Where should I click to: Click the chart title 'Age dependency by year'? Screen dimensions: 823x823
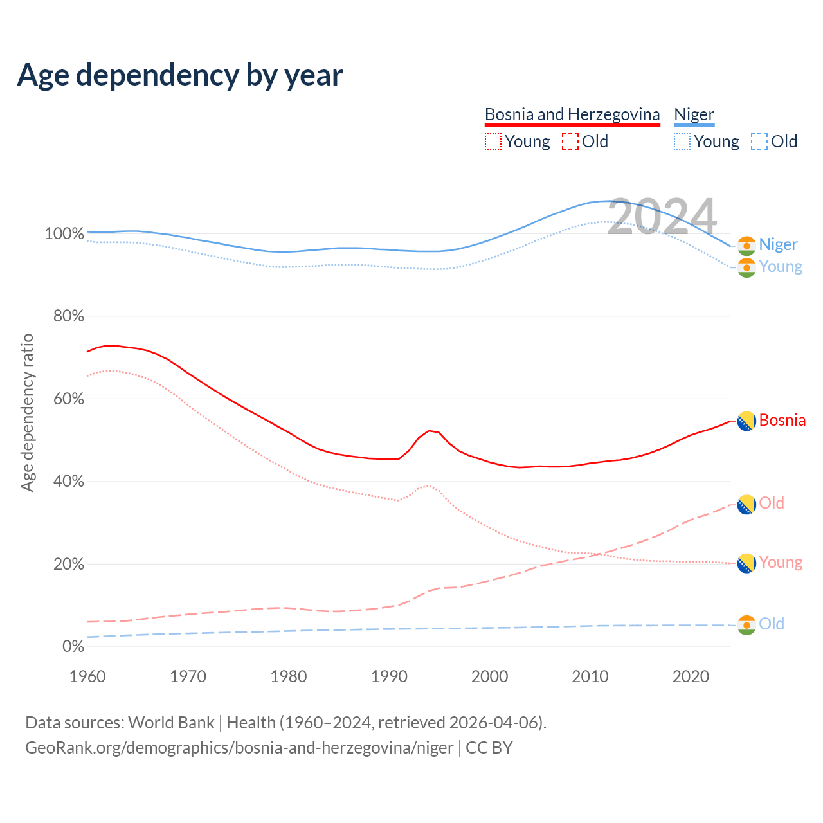180,75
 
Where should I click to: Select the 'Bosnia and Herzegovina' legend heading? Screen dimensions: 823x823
572,114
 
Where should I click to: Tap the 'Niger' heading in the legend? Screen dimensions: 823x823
694,114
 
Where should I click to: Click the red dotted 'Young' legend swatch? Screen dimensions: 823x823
493,141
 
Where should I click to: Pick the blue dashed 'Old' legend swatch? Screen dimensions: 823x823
759,141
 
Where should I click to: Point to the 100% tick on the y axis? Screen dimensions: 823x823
64,233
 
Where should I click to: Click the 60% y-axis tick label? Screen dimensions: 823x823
68,399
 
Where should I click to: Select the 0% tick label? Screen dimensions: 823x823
73,646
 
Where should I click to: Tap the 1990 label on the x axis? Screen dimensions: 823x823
389,676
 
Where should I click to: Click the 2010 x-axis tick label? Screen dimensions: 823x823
590,676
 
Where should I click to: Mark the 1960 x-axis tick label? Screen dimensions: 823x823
87,676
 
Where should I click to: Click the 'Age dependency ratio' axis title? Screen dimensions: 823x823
27,412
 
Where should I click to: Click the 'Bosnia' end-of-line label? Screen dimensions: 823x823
782,421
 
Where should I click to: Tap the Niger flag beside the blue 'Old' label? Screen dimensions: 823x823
746,625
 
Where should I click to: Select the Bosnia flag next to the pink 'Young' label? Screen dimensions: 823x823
746,563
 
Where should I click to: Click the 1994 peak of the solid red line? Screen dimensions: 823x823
429,431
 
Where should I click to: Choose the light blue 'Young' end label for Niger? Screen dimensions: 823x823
781,266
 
